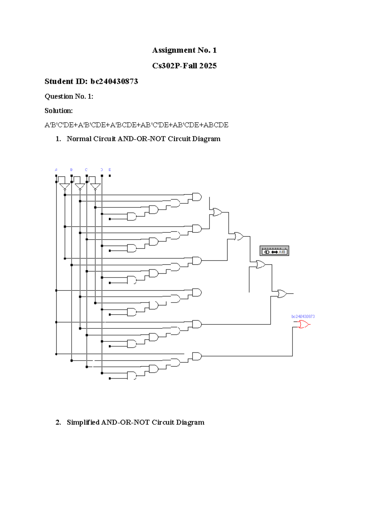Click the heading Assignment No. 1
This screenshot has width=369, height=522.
(184, 50)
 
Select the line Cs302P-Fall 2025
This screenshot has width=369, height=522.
(184, 66)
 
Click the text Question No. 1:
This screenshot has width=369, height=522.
(69, 97)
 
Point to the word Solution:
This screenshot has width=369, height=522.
(58, 111)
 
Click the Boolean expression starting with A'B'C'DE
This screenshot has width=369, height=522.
(136, 125)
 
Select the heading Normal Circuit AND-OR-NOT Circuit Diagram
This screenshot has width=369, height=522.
(143, 139)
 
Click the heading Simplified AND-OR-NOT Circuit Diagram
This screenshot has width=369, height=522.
(135, 422)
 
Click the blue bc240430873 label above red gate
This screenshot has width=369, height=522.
(303, 316)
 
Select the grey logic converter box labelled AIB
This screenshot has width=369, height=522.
(274, 251)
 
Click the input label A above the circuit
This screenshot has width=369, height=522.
(56, 170)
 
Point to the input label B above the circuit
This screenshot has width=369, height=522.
(71, 170)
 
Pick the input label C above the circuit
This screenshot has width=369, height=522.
(86, 170)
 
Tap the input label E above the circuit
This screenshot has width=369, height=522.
(110, 170)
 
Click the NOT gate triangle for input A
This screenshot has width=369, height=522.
(65, 187)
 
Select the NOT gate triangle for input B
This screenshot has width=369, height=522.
(80, 187)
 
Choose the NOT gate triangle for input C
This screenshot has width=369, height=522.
(95, 187)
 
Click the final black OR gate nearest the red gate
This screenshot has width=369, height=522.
(282, 294)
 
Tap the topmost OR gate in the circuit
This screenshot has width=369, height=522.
(217, 212)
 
